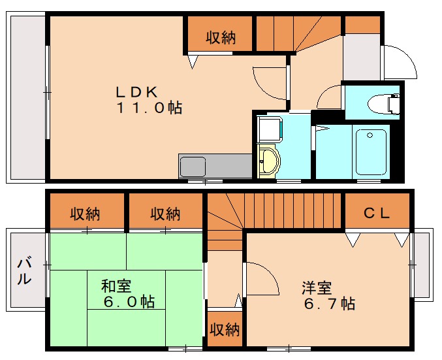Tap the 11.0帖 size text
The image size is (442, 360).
tap(150, 108)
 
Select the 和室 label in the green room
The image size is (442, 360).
tap(116, 286)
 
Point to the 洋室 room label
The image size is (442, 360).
tap(317, 287)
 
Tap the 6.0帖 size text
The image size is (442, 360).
tap(129, 302)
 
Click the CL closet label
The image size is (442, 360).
tap(377, 212)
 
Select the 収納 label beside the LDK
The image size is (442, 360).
tap(221, 38)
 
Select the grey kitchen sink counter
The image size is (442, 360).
tap(215, 165)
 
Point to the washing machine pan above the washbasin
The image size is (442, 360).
tap(268, 129)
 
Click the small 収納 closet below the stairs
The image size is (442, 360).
tap(224, 329)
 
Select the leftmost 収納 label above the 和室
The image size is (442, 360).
tap(86, 214)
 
